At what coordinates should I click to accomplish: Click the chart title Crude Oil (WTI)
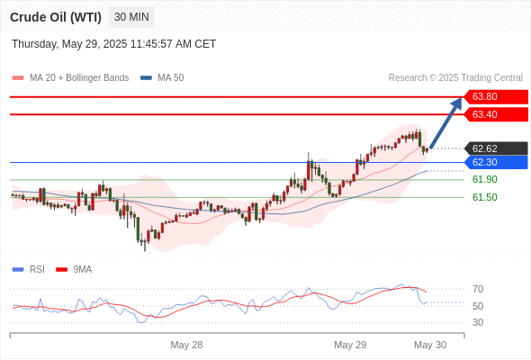[x=56, y=17]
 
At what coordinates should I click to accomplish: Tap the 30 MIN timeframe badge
[x=131, y=17]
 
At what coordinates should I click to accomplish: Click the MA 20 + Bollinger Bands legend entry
[x=70, y=78]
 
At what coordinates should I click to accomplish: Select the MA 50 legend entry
[x=162, y=78]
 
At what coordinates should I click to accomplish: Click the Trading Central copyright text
[x=455, y=78]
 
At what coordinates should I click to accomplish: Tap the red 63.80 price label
[x=496, y=97]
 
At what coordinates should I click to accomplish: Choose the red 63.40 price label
[x=496, y=114]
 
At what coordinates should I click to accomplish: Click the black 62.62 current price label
[x=496, y=148]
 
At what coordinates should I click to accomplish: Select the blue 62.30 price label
[x=496, y=162]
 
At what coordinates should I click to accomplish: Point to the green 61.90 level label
[x=484, y=179]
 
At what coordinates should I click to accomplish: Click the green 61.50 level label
[x=484, y=197]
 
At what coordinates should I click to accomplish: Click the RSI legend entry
[x=29, y=270]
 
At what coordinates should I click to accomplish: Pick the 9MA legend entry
[x=74, y=270]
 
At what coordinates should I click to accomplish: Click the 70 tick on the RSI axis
[x=478, y=289]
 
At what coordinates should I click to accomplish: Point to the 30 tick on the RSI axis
[x=478, y=322]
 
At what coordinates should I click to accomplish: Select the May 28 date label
[x=186, y=345]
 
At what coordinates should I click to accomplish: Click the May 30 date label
[x=430, y=345]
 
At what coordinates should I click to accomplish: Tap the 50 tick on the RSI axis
[x=478, y=306]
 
